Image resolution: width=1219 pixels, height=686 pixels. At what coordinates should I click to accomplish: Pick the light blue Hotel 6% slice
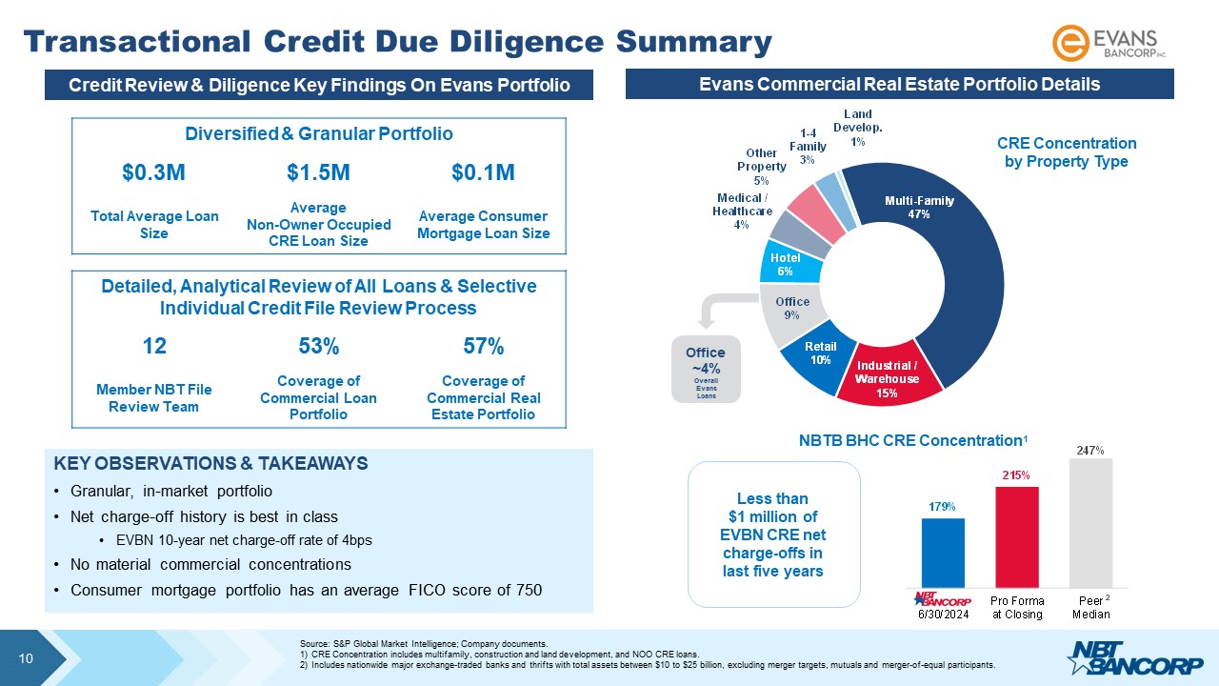pos(786,264)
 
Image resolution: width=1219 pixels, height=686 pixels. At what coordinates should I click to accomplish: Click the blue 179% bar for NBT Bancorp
pos(943,553)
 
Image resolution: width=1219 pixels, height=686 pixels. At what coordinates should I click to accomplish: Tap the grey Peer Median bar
pos(1090,523)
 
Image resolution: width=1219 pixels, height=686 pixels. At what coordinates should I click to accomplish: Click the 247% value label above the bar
pos(1090,450)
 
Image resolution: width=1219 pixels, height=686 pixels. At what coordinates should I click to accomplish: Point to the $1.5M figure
pos(318,172)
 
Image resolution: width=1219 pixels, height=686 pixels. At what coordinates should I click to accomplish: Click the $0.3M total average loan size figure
pos(153,172)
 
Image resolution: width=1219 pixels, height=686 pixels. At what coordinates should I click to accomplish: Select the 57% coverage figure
pos(483,345)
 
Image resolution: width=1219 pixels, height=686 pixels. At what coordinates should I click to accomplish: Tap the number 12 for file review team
pos(153,345)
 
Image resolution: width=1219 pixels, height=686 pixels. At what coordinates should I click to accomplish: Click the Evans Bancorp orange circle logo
pos(1069,44)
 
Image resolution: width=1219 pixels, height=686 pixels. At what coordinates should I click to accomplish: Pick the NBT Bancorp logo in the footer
pos(1124,658)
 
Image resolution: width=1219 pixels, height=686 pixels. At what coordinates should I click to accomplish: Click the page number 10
pos(27,658)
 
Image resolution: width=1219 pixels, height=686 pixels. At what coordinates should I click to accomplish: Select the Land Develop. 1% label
pos(858,128)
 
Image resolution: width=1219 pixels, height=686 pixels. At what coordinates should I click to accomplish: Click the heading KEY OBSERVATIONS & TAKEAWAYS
pos(210,464)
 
